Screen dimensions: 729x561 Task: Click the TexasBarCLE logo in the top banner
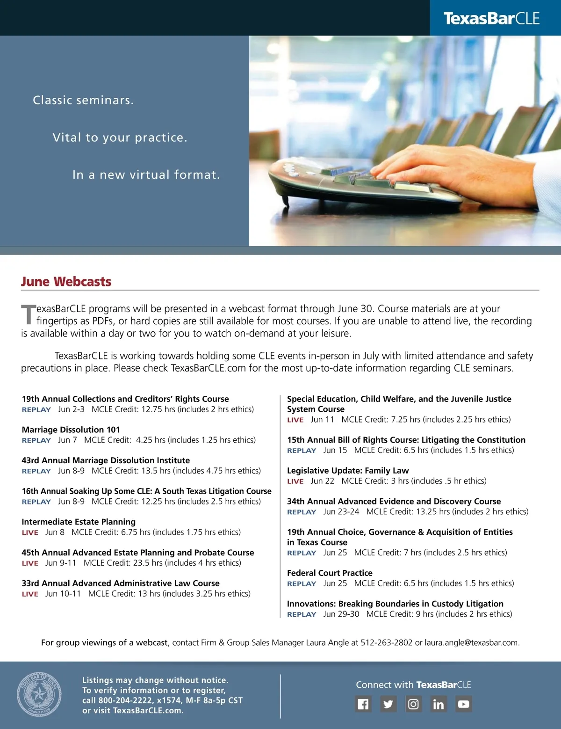[491, 18]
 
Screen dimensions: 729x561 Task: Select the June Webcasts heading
[66, 282]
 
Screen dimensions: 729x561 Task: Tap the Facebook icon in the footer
[363, 704]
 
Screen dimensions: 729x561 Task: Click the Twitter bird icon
[388, 704]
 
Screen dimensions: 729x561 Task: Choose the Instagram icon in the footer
[413, 704]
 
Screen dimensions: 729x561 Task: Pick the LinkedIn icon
[439, 704]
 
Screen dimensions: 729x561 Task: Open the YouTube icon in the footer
[463, 704]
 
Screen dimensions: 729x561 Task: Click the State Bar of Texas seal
[39, 694]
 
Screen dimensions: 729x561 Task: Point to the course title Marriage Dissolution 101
[71, 430]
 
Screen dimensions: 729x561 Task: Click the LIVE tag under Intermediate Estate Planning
[30, 532]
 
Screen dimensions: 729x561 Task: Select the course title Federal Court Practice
[330, 573]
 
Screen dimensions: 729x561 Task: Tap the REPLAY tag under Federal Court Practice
[302, 583]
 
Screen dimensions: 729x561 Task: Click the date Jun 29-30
[341, 614]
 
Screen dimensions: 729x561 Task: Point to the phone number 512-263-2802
[386, 642]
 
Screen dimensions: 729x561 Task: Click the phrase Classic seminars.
[83, 100]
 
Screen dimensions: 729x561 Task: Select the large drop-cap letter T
[28, 314]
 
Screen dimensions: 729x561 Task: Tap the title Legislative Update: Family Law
[348, 470]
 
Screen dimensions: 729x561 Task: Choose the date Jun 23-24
[341, 511]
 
